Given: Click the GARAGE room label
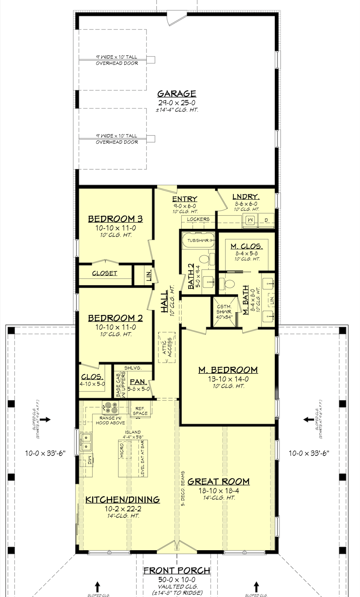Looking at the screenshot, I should click(x=177, y=94).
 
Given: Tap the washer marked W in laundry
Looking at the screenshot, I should click(x=250, y=220).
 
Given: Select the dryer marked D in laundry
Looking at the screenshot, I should click(x=266, y=220).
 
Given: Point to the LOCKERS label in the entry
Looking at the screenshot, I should click(x=198, y=219).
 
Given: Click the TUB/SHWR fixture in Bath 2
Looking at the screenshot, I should click(x=198, y=241).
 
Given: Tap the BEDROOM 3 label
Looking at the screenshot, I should click(x=115, y=219).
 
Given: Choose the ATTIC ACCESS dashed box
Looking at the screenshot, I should click(x=167, y=347).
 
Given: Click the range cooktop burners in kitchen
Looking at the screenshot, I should click(x=110, y=406).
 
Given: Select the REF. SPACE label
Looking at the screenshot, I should click(x=140, y=411).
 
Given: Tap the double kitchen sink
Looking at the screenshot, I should click(x=86, y=442).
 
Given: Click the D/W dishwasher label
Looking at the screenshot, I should click(x=89, y=460).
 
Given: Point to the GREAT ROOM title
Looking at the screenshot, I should click(x=218, y=482).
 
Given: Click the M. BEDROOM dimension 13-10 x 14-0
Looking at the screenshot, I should click(x=228, y=379).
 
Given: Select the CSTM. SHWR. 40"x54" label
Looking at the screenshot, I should click(x=224, y=311).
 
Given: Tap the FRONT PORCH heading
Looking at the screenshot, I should click(x=177, y=570).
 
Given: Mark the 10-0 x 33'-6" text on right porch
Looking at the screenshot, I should click(x=309, y=453).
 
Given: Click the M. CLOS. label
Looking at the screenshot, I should click(x=247, y=246).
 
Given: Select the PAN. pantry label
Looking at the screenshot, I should click(x=138, y=382).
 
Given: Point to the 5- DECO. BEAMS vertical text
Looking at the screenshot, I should click(x=183, y=488).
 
